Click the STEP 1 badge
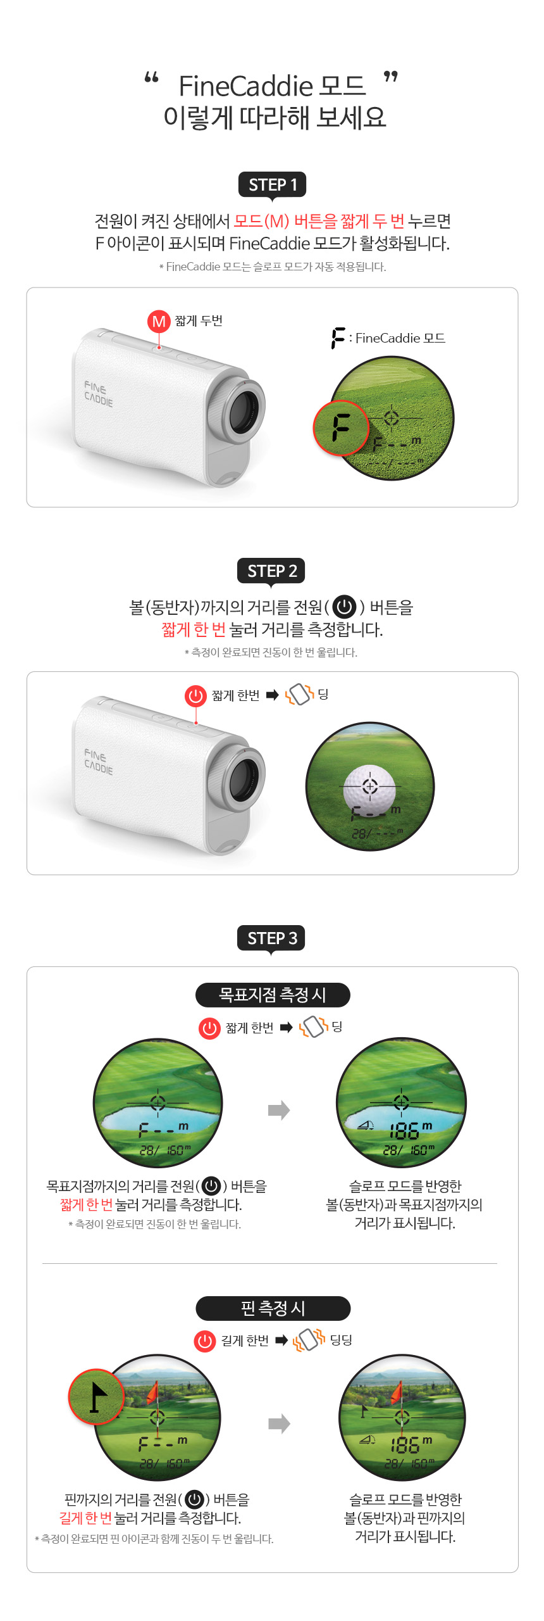pos(272,185)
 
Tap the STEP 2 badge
pos(272,571)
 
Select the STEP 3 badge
pos(272,938)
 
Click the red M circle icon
pos(159,321)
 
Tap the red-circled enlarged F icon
pos(341,427)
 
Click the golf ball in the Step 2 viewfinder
pos(370,790)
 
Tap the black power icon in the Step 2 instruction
pos(344,607)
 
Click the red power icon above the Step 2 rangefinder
pos(196,695)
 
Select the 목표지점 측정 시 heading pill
pos(273,995)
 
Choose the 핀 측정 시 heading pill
pos(273,1308)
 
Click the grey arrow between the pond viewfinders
pos(279,1110)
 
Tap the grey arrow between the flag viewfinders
pos(279,1423)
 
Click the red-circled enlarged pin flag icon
pos(97,1397)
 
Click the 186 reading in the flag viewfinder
pos(405,1445)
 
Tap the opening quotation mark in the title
pos(151,78)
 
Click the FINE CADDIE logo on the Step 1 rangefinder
pos(99,393)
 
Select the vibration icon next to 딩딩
pos(309,1339)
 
